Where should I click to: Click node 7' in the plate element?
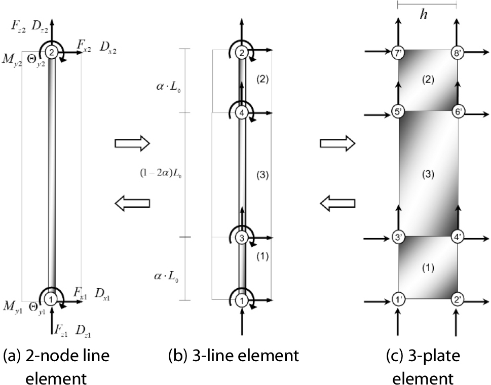tap(398, 51)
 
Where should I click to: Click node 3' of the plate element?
tap(398, 237)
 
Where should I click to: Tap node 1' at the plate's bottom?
tap(398, 299)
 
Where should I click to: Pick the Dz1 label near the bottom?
tap(84, 332)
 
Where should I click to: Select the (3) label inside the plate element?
tap(428, 174)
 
